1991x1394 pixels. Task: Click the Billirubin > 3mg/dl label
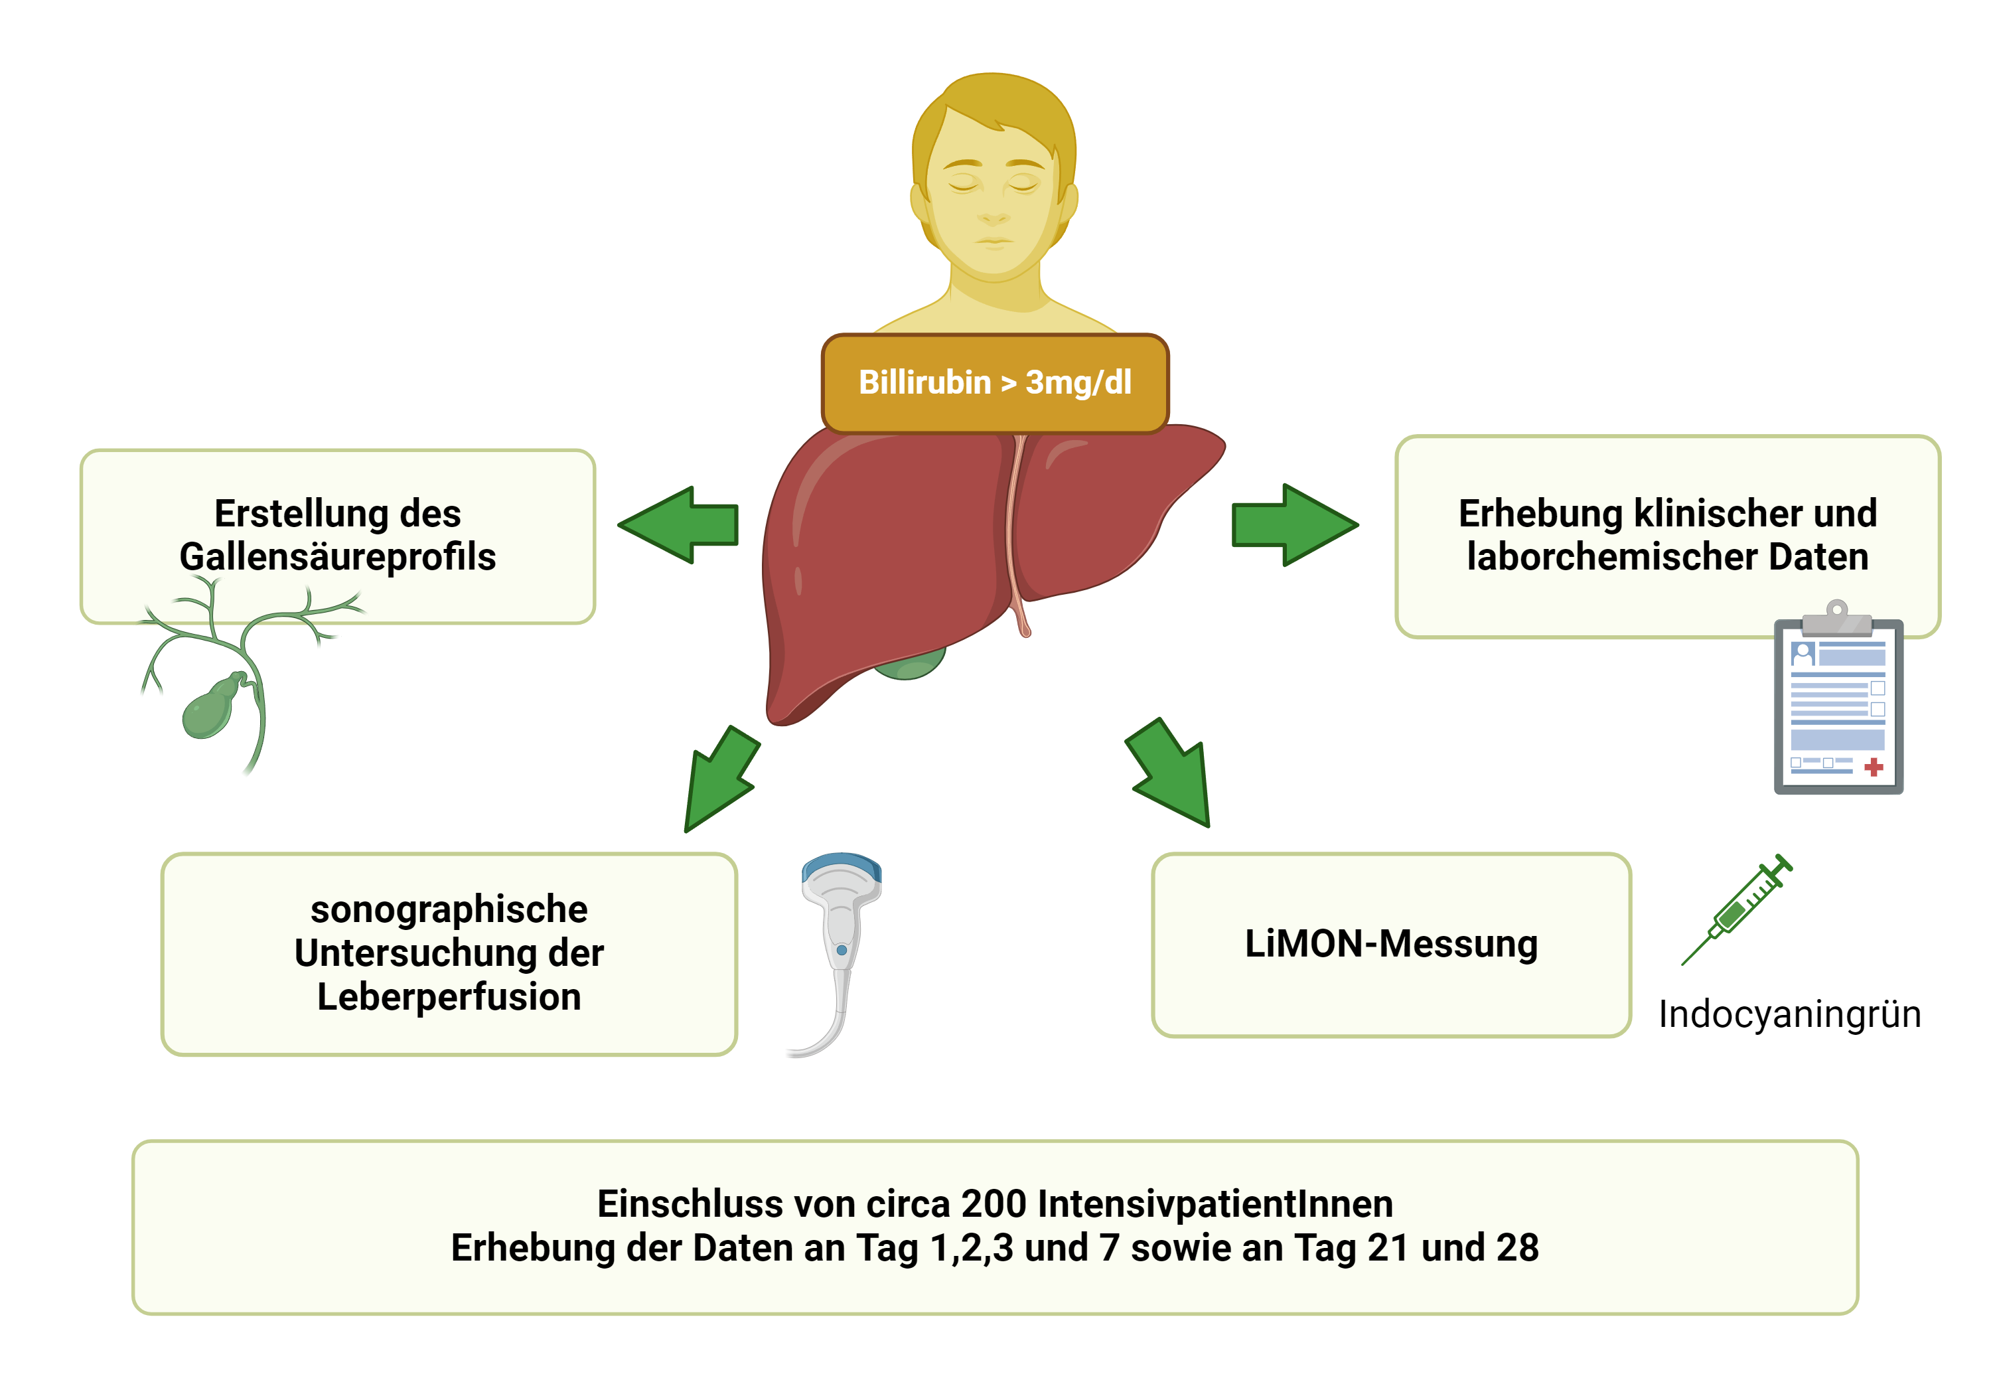[x=995, y=382]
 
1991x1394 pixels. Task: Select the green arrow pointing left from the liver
[x=678, y=525]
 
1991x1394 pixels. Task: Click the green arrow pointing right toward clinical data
[x=1295, y=525]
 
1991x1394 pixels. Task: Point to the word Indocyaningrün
[x=1790, y=1014]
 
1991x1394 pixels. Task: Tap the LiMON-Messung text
[x=1391, y=944]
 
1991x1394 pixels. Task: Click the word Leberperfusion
[x=449, y=996]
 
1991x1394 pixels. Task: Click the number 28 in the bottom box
[x=1518, y=1248]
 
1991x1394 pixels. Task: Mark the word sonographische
[x=449, y=910]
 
